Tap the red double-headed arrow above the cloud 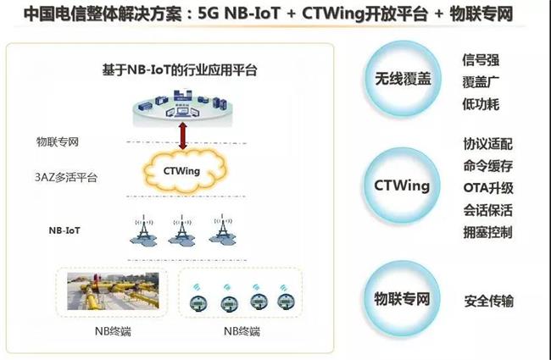181,135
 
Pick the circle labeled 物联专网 403,298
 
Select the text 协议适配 487,144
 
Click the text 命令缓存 487,166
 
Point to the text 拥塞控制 487,231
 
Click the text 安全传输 489,301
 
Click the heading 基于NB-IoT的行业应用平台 174,70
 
